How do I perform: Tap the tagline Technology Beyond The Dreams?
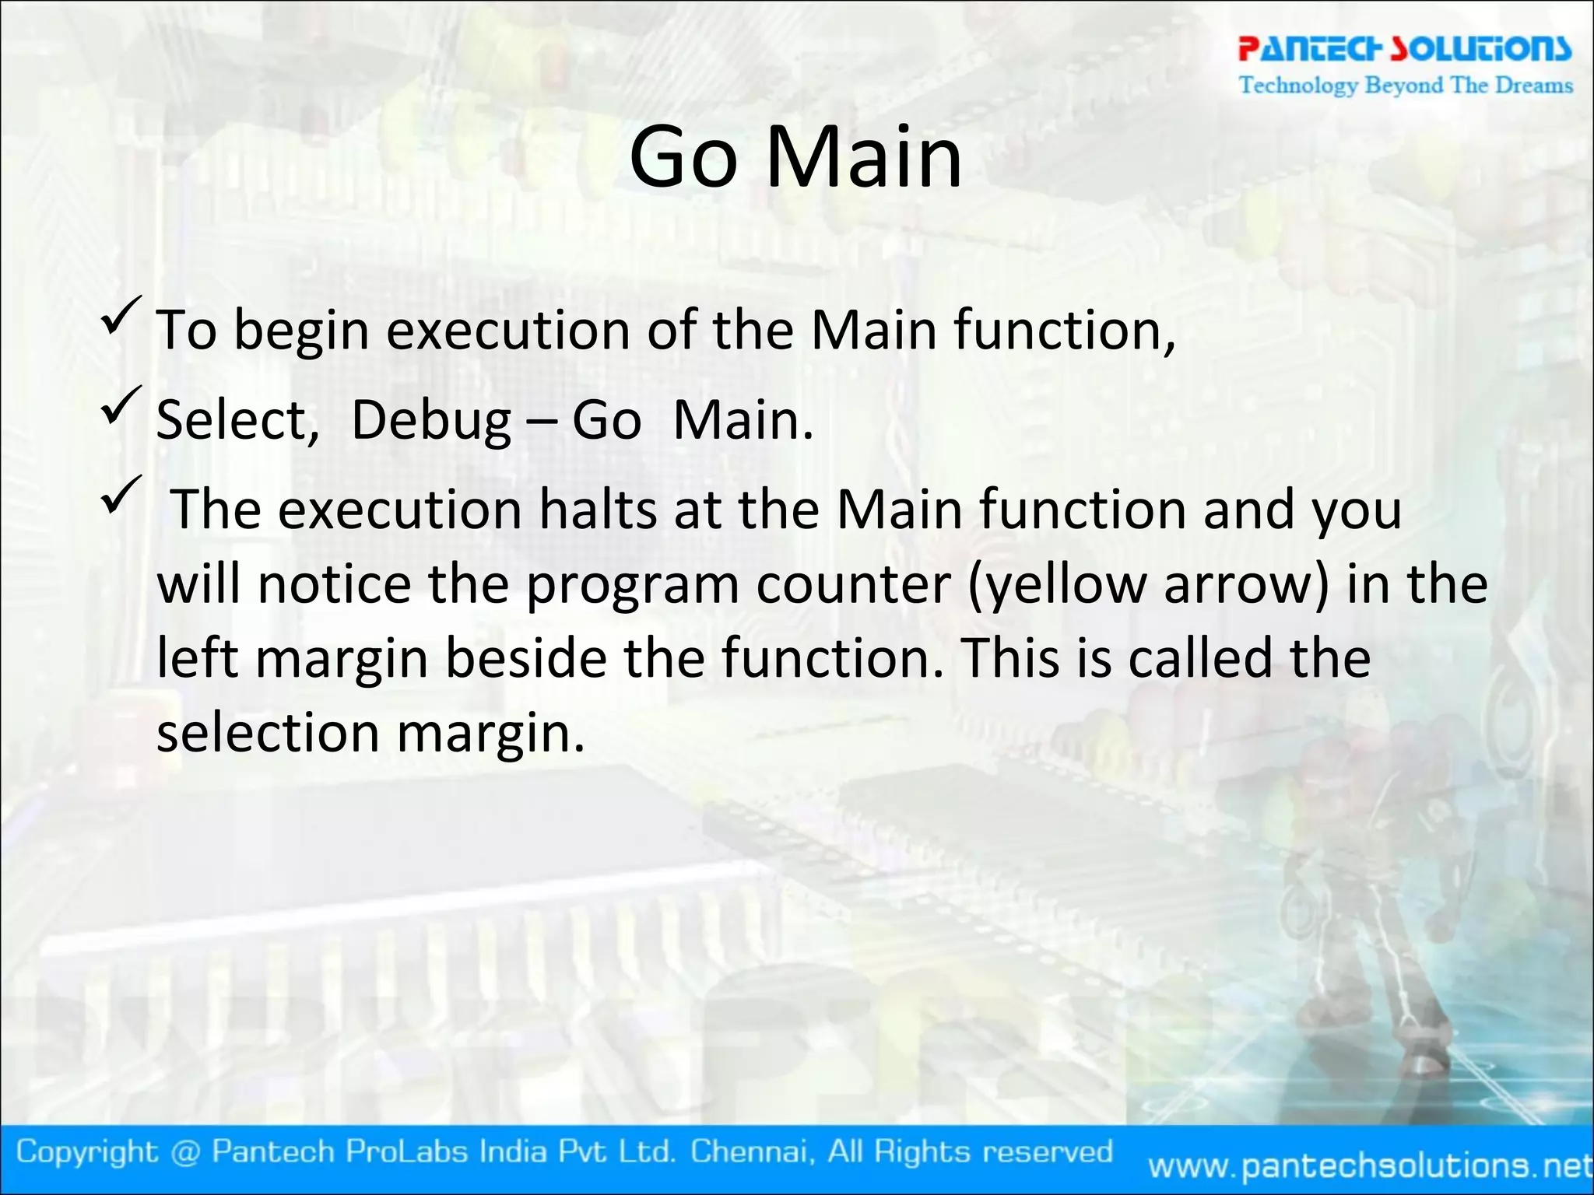[1406, 85]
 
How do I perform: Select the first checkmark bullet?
[121, 315]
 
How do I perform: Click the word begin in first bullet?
[301, 332]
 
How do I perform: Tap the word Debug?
[431, 422]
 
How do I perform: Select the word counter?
[853, 586]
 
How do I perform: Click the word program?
[632, 586]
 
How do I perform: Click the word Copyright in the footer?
[87, 1152]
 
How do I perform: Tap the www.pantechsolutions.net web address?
[1370, 1165]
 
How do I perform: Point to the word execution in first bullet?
[508, 332]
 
